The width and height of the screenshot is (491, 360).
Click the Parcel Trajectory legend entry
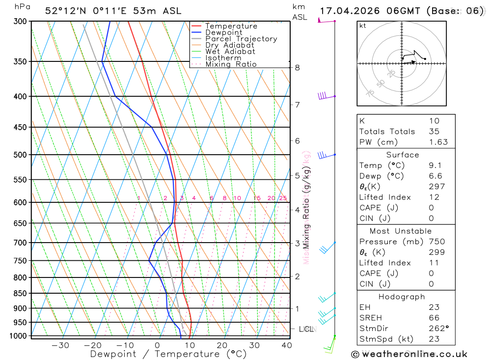coord(241,39)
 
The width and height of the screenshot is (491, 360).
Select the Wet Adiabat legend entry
coord(230,52)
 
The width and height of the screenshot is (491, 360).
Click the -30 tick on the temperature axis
coord(60,345)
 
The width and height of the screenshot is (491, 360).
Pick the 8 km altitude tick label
coord(298,67)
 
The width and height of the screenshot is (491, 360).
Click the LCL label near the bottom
coord(306,329)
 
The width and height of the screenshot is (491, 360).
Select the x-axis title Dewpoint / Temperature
coord(168,354)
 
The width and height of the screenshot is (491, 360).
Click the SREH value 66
coord(434,317)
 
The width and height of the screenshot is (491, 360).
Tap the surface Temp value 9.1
coord(434,166)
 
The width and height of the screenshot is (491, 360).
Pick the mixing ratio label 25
coord(283,198)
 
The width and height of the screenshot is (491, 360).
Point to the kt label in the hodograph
coord(363,26)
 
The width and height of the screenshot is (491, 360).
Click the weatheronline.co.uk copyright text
coord(409,354)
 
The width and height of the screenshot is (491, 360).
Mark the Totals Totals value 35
coord(434,131)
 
